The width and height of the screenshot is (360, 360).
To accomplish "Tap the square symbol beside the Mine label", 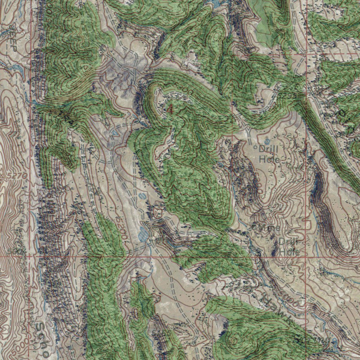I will [x=254, y=226].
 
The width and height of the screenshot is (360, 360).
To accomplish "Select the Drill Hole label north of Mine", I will [x=269, y=154].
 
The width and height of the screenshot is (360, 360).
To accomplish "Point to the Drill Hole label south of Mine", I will [x=289, y=247].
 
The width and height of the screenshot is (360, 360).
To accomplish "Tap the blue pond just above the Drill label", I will [x=267, y=141].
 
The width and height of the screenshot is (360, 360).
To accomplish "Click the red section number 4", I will [x=170, y=109].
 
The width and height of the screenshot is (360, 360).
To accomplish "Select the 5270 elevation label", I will [x=16, y=175].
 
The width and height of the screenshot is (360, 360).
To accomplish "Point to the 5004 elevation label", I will [x=14, y=252].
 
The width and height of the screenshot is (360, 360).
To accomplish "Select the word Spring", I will [x=313, y=339].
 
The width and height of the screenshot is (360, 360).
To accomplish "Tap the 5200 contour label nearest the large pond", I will [x=121, y=229].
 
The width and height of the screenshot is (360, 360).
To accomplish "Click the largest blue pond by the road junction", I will [x=143, y=233].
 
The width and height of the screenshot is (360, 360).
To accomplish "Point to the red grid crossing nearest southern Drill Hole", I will [x=306, y=257].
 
